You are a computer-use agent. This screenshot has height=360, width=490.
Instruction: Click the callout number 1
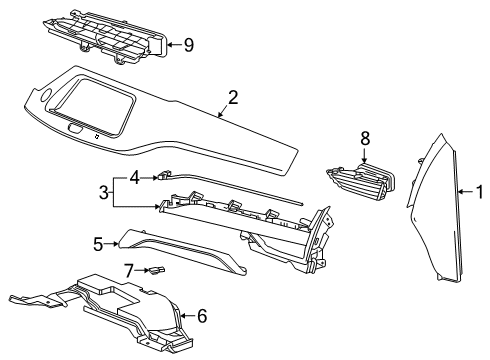point(478,191)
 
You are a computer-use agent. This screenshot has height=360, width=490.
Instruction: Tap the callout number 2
point(232,98)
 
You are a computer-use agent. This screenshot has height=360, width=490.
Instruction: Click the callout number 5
point(98,243)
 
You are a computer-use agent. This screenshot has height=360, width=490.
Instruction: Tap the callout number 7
point(128,269)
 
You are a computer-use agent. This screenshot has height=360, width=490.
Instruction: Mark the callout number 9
point(187,44)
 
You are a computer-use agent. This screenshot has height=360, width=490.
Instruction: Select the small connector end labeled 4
point(160,177)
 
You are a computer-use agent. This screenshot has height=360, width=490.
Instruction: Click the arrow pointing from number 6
point(186,316)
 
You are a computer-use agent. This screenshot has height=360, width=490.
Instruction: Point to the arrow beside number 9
point(172,44)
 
